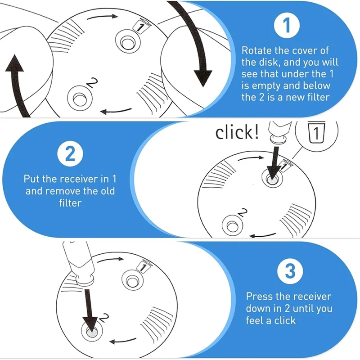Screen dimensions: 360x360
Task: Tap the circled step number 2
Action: click(x=70, y=155)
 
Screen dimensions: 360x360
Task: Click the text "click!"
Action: click(x=237, y=133)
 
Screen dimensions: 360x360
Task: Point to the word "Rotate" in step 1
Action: click(x=257, y=50)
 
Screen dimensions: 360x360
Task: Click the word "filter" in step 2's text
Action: click(x=69, y=203)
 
